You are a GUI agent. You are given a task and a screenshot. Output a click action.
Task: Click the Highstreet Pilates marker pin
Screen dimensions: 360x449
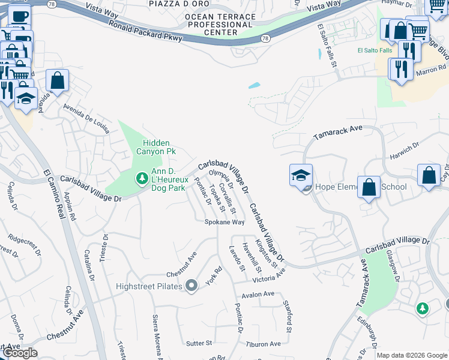coord(191,286)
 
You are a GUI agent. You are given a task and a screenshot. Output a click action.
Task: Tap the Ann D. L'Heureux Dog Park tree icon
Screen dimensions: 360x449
coord(142,178)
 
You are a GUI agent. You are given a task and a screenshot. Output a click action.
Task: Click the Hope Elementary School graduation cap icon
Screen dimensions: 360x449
coord(301,176)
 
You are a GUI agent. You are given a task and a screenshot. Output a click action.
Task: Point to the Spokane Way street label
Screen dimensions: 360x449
coord(224,222)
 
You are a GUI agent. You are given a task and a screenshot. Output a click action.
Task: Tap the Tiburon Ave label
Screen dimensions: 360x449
coord(263,344)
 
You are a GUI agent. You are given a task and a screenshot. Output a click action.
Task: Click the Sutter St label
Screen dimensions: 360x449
coord(199,343)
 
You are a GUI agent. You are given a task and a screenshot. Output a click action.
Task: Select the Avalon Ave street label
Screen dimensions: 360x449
coord(258,295)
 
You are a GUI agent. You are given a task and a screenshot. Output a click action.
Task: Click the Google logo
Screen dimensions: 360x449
coord(20,353)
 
